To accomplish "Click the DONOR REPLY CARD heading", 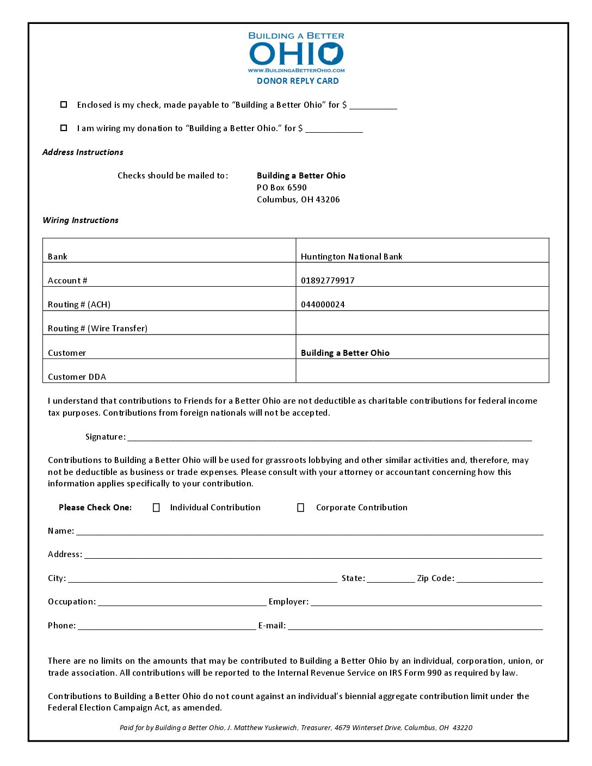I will pyautogui.click(x=298, y=81).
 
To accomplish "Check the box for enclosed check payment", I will pyautogui.click(x=64, y=104).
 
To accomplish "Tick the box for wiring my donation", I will pyautogui.click(x=64, y=128).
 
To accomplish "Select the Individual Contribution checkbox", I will pyautogui.click(x=156, y=508).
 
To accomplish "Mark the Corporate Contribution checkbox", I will pyautogui.click(x=300, y=508).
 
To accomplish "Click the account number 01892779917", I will pyautogui.click(x=328, y=281).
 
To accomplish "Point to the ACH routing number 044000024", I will pyautogui.click(x=323, y=305).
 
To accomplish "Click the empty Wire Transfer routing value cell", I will pyautogui.click(x=422, y=323).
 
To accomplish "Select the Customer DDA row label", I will pyautogui.click(x=77, y=376).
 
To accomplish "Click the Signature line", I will pyautogui.click(x=329, y=438).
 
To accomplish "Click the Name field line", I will pyautogui.click(x=310, y=532).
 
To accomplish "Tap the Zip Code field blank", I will pyautogui.click(x=499, y=579).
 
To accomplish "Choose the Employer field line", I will pyautogui.click(x=426, y=603).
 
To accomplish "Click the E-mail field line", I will pyautogui.click(x=415, y=627).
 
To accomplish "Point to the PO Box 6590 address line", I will pyautogui.click(x=282, y=188).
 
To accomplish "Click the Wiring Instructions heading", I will pyautogui.click(x=81, y=220).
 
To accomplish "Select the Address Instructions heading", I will pyautogui.click(x=83, y=152).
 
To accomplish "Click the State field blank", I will pyautogui.click(x=391, y=579).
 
